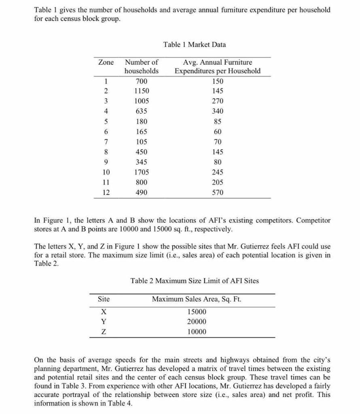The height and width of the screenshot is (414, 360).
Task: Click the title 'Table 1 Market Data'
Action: (195, 44)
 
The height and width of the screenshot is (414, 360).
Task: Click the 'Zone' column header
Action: (106, 62)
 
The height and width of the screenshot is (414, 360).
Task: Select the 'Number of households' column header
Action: (141, 67)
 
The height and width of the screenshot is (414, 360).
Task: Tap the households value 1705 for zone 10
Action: (141, 172)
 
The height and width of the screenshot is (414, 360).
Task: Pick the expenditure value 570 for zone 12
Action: (218, 192)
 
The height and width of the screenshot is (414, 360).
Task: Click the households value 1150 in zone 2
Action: (141, 91)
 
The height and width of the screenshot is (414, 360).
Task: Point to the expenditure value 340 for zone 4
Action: (218, 111)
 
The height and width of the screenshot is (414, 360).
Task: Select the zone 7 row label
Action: (106, 142)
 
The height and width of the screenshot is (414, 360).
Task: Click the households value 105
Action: (141, 142)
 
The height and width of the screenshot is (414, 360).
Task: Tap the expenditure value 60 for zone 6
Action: (218, 132)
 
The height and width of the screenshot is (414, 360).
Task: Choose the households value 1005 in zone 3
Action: (141, 101)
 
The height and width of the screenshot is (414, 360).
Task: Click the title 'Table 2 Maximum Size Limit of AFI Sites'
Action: (195, 281)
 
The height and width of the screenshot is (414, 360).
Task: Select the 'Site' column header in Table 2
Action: (104, 299)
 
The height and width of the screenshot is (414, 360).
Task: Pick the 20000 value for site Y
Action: (197, 322)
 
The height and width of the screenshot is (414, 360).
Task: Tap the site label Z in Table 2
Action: (104, 332)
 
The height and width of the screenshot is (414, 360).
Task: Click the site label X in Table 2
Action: (104, 312)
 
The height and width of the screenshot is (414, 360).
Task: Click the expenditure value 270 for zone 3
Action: (218, 101)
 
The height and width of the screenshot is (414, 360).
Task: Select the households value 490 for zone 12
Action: (141, 192)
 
